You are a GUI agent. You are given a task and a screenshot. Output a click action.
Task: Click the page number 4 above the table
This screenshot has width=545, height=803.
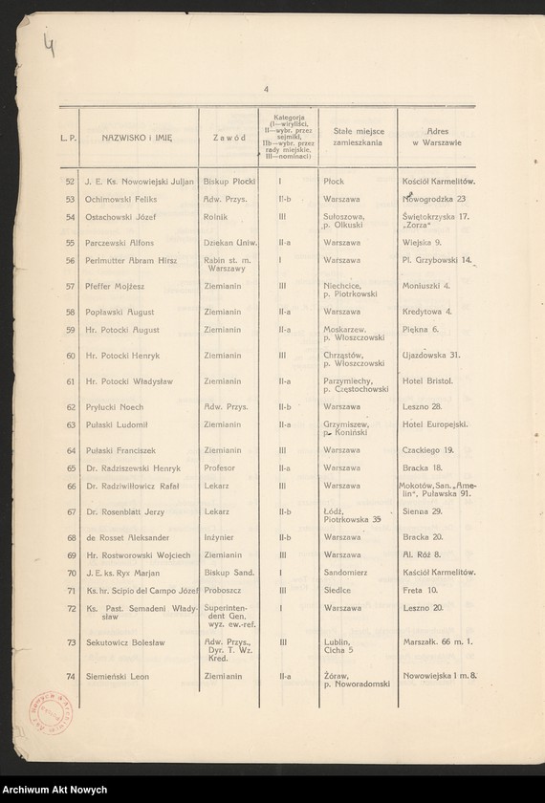click(x=267, y=90)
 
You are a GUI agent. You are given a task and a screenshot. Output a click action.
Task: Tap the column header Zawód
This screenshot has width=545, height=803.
click(x=229, y=138)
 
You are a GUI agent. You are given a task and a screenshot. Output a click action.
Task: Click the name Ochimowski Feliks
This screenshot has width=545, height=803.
click(x=119, y=200)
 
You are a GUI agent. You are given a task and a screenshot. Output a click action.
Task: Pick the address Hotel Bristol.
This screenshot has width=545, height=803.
click(x=428, y=381)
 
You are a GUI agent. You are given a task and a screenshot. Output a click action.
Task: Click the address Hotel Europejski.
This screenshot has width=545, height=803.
click(x=435, y=424)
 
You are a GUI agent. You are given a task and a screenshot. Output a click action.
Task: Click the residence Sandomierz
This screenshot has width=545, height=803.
click(x=347, y=574)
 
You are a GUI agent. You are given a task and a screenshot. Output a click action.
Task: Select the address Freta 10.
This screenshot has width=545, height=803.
click(x=420, y=591)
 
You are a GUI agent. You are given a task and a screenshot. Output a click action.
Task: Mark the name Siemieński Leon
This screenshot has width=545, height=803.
click(x=114, y=677)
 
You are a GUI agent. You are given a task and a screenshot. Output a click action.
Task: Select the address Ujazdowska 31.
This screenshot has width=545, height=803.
click(x=431, y=356)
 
